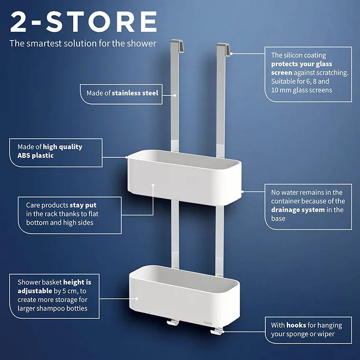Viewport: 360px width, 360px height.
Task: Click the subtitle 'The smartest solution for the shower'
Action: [82, 44]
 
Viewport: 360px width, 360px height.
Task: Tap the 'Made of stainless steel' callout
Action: [123, 93]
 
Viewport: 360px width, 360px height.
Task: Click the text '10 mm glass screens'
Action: [301, 90]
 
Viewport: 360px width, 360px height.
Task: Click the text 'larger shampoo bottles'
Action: [57, 308]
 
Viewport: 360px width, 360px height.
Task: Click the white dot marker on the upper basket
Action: [153, 187]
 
